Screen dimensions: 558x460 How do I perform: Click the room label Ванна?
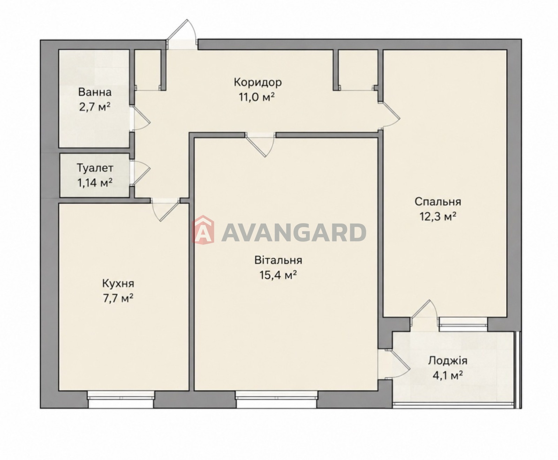(95, 92)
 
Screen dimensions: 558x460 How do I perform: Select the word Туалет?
(95, 168)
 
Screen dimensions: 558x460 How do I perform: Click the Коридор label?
(258, 83)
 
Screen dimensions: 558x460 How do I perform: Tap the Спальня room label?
(438, 202)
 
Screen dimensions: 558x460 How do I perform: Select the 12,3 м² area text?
(438, 216)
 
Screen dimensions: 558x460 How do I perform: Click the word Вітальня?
(278, 260)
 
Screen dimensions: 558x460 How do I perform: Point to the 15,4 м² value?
(278, 275)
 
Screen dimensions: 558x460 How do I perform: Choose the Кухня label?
(118, 284)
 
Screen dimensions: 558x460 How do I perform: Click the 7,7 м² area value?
(118, 298)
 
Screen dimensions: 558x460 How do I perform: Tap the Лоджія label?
(448, 361)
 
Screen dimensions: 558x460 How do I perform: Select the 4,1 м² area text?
(448, 375)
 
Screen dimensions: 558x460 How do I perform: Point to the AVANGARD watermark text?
(294, 233)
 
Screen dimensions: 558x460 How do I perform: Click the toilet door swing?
(141, 173)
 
